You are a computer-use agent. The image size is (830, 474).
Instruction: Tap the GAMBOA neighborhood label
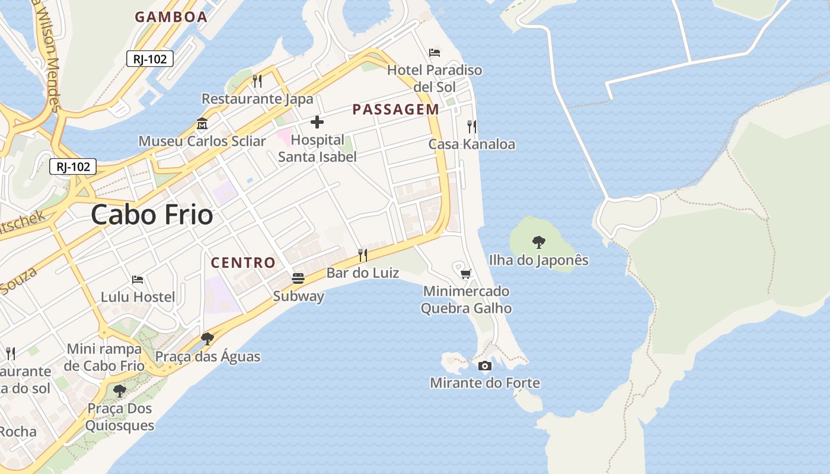tap(171, 17)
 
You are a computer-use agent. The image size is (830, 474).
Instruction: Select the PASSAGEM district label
tap(395, 109)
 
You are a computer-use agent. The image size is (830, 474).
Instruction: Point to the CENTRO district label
tap(243, 262)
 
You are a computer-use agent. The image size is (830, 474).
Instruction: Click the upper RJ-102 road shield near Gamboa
tap(150, 59)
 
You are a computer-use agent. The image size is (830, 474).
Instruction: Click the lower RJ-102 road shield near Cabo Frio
tap(73, 166)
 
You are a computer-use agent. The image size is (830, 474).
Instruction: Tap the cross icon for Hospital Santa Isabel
tap(317, 123)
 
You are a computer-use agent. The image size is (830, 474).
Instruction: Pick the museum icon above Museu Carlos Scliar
tap(202, 124)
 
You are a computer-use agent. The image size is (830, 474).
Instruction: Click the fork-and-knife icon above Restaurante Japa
tap(257, 81)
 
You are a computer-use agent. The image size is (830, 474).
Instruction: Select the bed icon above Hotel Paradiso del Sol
tap(435, 53)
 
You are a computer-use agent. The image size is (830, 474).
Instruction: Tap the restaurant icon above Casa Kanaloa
tap(472, 126)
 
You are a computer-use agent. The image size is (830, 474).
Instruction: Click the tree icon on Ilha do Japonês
tap(538, 242)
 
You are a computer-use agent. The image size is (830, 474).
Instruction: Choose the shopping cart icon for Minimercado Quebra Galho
tap(466, 274)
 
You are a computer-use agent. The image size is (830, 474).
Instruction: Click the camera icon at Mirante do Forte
tap(485, 366)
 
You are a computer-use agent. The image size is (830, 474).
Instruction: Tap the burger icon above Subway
tap(298, 278)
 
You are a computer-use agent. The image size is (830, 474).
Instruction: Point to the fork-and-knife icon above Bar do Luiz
tap(363, 255)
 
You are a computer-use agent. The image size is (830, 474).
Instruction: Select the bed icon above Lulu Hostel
tap(138, 279)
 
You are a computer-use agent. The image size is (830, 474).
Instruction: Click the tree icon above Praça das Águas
tap(207, 339)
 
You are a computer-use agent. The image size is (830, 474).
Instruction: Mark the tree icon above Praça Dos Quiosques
tap(120, 391)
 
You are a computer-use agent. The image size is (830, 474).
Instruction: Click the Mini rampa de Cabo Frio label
tap(104, 357)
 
